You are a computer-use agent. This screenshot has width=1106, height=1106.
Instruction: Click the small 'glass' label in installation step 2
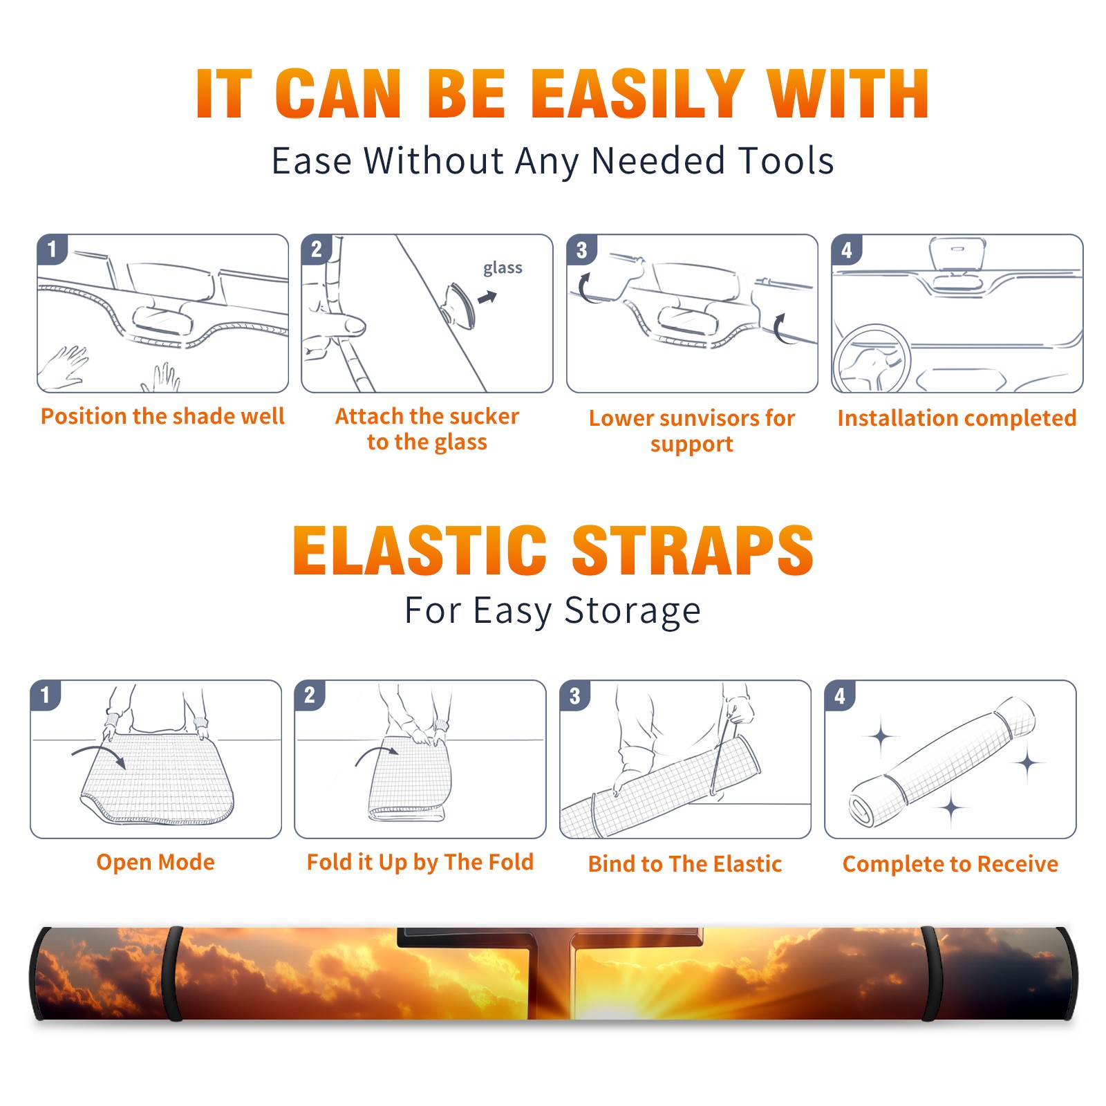pyautogui.click(x=503, y=268)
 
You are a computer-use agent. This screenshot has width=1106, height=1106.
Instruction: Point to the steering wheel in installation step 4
pyautogui.click(x=872, y=359)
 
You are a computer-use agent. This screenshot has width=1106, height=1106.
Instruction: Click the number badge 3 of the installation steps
pyautogui.click(x=581, y=250)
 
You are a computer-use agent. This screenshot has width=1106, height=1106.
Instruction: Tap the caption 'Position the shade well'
pyautogui.click(x=162, y=416)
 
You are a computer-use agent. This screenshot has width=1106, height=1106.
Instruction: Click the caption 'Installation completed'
pyautogui.click(x=957, y=418)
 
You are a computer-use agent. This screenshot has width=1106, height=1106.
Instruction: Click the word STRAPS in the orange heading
pyautogui.click(x=693, y=550)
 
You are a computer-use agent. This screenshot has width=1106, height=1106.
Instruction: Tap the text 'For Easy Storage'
pyautogui.click(x=552, y=610)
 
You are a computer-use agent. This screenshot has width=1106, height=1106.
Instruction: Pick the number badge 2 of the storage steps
pyautogui.click(x=310, y=695)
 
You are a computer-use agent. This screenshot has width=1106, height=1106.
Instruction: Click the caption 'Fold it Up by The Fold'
pyautogui.click(x=420, y=862)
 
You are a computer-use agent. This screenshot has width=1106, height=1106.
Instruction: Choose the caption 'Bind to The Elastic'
pyautogui.click(x=685, y=864)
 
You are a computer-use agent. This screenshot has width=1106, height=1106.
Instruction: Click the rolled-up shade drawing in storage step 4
pyautogui.click(x=942, y=762)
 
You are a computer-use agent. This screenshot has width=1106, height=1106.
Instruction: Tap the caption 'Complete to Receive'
pyautogui.click(x=950, y=864)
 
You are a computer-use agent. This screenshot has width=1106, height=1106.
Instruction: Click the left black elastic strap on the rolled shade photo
pyautogui.click(x=172, y=973)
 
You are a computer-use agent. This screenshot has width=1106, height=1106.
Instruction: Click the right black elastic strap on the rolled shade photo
pyautogui.click(x=930, y=973)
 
